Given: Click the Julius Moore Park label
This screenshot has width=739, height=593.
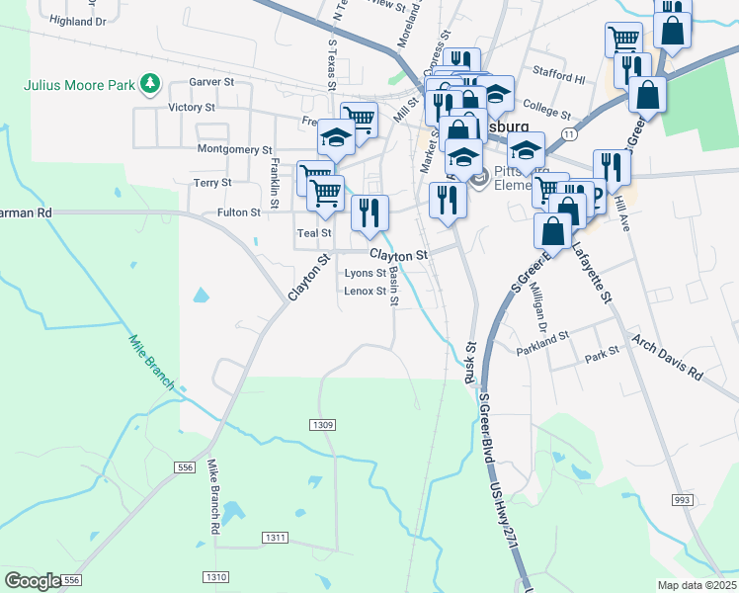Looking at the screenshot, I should [x=79, y=84].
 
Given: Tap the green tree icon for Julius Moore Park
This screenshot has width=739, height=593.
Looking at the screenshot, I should [x=150, y=84].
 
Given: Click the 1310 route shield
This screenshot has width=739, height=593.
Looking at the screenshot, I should [x=215, y=576].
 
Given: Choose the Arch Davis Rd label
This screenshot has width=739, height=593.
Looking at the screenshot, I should [x=667, y=360].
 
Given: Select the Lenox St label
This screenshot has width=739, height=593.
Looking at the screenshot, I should [x=365, y=291].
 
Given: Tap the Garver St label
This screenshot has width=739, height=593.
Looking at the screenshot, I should [x=212, y=84].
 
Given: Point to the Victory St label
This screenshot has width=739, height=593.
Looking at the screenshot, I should [x=192, y=107].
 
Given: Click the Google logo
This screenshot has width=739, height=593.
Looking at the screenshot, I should [x=33, y=581].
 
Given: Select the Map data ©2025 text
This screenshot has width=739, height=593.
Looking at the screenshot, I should [x=697, y=585].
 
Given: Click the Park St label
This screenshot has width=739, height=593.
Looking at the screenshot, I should [x=602, y=351].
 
